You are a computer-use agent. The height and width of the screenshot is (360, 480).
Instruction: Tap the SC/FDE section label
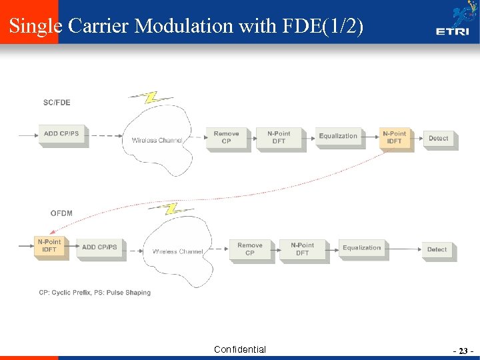(x=57, y=103)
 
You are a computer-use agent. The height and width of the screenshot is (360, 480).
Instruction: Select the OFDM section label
(x=61, y=213)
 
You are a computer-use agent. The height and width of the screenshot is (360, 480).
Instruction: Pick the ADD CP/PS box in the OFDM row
(x=99, y=247)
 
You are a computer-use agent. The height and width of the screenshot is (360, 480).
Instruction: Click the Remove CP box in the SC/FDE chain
(x=226, y=137)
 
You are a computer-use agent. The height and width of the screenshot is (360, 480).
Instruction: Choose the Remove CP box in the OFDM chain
(x=250, y=249)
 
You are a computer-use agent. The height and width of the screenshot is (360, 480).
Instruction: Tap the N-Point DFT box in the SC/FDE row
(x=279, y=137)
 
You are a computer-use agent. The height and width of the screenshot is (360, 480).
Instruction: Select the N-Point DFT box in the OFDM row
(x=302, y=249)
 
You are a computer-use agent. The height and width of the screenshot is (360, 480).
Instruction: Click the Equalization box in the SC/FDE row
(x=338, y=136)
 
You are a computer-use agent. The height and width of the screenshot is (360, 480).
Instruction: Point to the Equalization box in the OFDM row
(x=362, y=248)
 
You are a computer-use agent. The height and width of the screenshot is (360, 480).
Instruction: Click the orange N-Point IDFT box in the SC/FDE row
(x=394, y=137)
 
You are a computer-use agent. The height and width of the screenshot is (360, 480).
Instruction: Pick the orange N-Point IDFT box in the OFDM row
(x=49, y=246)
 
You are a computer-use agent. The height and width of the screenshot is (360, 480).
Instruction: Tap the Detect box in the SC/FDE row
(x=438, y=138)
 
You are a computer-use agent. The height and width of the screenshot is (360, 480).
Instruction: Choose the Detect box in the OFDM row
(x=437, y=249)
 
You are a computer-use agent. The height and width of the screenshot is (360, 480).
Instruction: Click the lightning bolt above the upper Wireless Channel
(x=152, y=97)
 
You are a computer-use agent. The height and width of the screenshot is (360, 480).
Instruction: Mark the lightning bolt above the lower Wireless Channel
(x=171, y=209)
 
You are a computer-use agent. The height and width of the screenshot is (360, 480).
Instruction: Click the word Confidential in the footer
(x=240, y=349)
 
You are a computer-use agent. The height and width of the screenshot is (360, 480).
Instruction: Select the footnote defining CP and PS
(x=95, y=293)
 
